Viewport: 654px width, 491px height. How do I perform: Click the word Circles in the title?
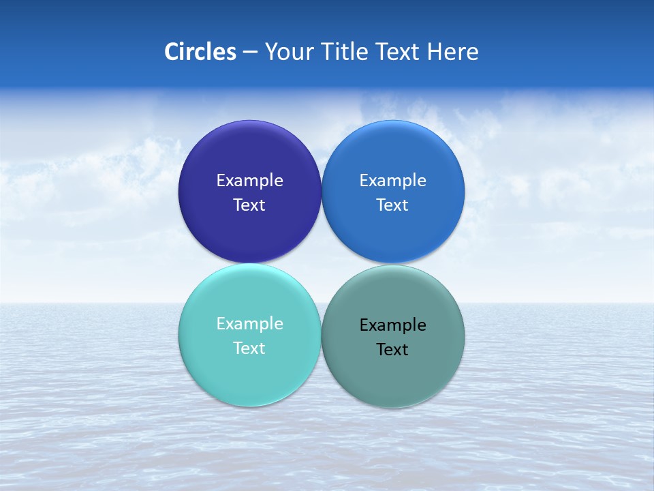(200, 52)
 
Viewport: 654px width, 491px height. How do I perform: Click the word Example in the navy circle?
(249, 181)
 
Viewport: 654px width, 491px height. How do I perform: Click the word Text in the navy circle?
(249, 205)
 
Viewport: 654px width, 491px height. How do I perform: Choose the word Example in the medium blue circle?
(392, 181)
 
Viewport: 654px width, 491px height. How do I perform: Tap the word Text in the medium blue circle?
(392, 205)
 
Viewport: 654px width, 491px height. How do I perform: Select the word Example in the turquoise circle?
(249, 324)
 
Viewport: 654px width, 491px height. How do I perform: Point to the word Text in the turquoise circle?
(249, 348)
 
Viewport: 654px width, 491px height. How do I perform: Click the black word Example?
(392, 325)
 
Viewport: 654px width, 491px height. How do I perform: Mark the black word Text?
(392, 350)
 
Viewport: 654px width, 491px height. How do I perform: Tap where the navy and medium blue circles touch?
(321, 192)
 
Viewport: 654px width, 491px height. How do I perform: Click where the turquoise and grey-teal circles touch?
(321, 336)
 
